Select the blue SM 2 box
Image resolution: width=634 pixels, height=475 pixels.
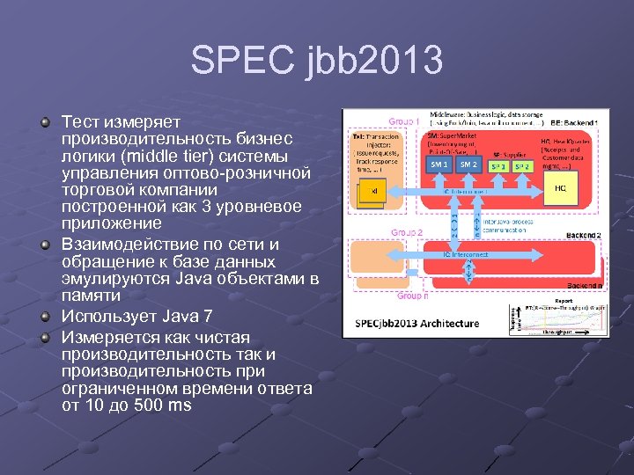(x=468, y=164)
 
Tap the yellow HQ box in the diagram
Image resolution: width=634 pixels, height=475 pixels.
(x=560, y=187)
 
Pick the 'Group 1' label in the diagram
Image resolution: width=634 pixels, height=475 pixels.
(x=404, y=121)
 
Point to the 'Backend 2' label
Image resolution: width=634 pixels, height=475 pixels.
(x=583, y=236)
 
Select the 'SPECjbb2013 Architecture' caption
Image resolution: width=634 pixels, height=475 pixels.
(x=417, y=323)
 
